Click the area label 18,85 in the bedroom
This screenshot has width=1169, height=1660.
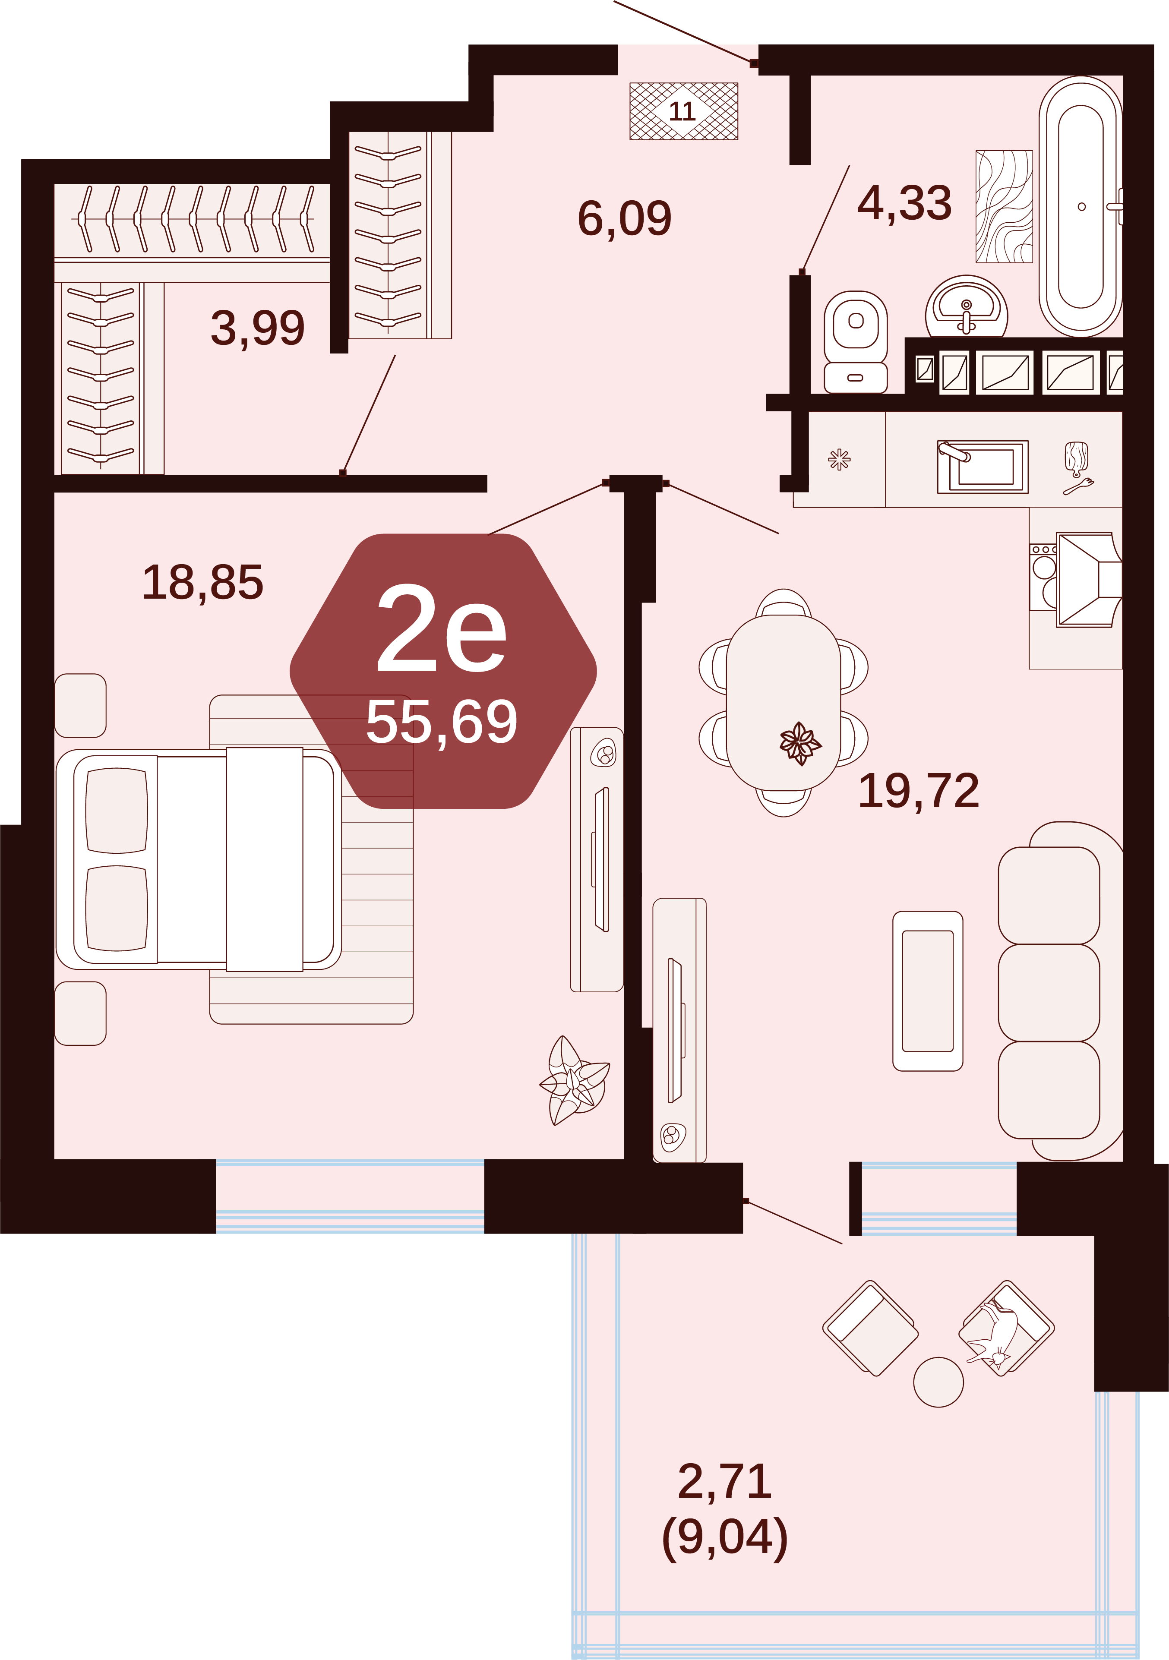pyautogui.click(x=203, y=583)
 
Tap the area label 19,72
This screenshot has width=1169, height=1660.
pyautogui.click(x=919, y=791)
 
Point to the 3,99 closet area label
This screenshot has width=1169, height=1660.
pyautogui.click(x=257, y=328)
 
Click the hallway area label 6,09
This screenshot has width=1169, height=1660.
pyautogui.click(x=625, y=218)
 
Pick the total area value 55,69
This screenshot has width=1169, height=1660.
pyautogui.click(x=442, y=722)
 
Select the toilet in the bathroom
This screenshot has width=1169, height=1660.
pyautogui.click(x=855, y=342)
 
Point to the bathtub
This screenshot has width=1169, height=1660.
pyautogui.click(x=1081, y=207)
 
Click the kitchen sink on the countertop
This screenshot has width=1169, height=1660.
pyautogui.click(x=983, y=467)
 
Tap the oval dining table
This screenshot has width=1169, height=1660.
pyautogui.click(x=784, y=702)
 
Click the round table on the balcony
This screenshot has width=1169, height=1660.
pyautogui.click(x=938, y=1382)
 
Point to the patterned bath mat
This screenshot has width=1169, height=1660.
pyautogui.click(x=1004, y=207)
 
